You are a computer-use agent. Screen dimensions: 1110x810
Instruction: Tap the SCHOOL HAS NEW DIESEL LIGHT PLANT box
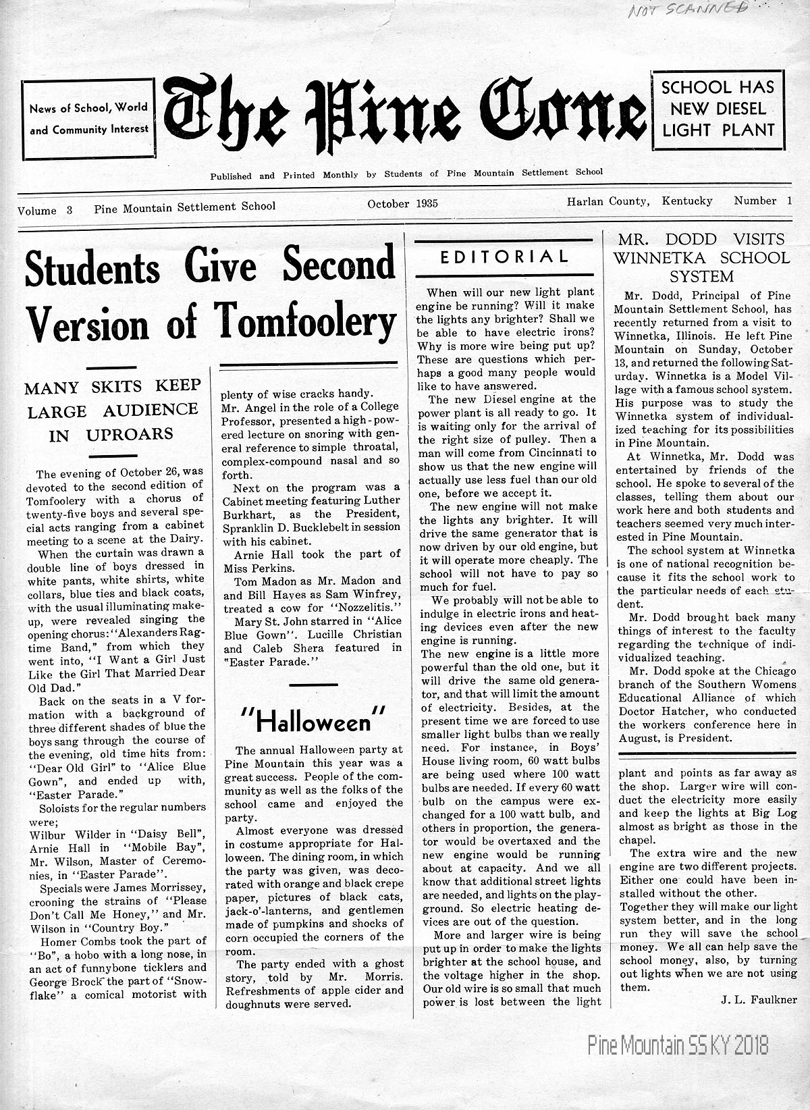pos(718,109)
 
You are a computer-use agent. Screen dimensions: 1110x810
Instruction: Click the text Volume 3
pos(45,210)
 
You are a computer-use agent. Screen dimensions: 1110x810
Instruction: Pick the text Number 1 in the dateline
pos(763,201)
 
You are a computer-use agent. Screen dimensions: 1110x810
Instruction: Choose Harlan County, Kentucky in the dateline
pos(639,201)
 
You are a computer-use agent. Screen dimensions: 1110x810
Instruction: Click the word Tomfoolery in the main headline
pos(305,321)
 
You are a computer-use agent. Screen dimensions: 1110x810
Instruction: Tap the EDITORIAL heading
pos(504,257)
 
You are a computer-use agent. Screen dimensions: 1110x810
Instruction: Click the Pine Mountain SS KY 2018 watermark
pos(678,1046)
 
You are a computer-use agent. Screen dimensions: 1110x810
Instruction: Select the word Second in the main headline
pos(338,265)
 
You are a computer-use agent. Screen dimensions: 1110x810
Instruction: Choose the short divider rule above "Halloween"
pos(313,685)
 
